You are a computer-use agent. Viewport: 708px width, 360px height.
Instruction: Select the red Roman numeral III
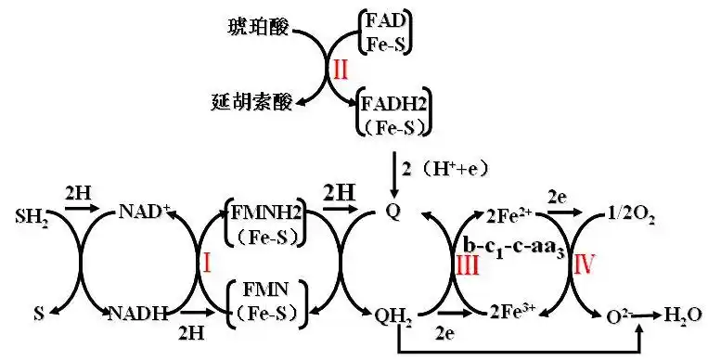pyautogui.click(x=468, y=262)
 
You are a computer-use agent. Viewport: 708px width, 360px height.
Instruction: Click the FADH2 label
pyautogui.click(x=393, y=100)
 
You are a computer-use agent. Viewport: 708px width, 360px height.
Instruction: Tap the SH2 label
pyautogui.click(x=32, y=219)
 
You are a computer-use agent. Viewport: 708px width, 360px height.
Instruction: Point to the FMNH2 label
pyautogui.click(x=264, y=212)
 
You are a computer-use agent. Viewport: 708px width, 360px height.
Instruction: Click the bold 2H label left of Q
pyautogui.click(x=338, y=192)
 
